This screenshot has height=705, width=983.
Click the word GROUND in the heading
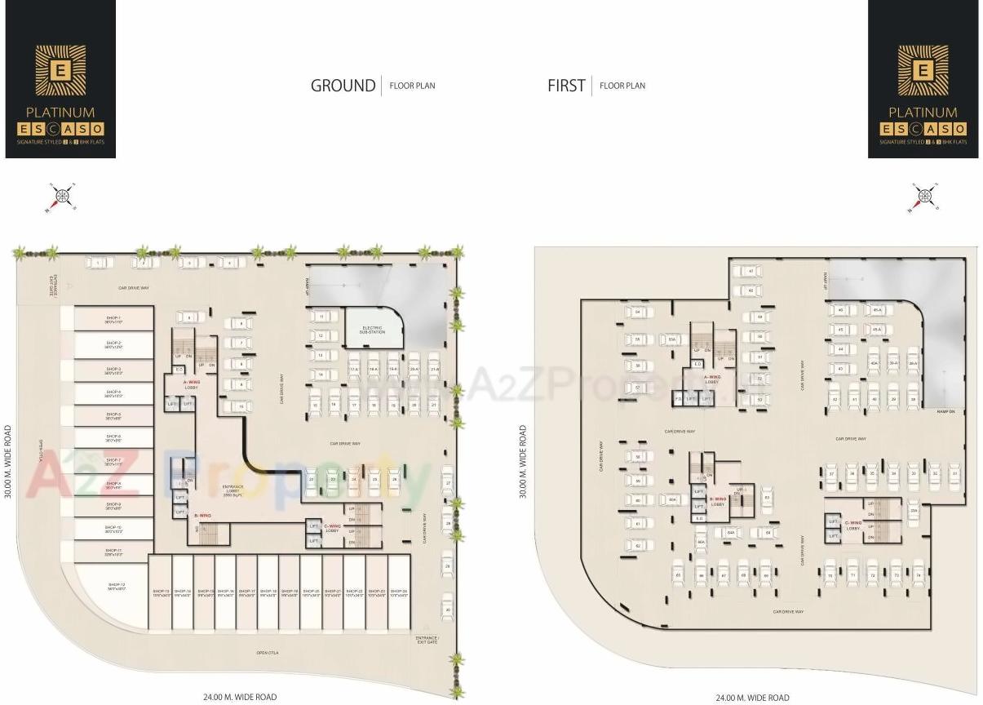[343, 86]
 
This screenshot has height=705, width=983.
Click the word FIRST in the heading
[566, 86]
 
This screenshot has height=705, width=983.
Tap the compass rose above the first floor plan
[924, 197]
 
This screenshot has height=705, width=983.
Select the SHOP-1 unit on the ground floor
[113, 319]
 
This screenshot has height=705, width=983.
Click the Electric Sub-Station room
[374, 330]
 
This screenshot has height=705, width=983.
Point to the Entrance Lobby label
[233, 490]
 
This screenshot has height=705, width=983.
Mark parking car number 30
[447, 609]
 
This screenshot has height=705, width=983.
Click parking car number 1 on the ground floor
[99, 263]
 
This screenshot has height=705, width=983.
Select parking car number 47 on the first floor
[750, 271]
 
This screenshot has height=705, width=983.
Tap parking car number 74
[918, 574]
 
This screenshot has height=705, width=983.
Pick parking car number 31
[955, 472]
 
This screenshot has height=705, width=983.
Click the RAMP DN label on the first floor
[945, 411]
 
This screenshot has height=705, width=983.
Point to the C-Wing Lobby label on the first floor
[853, 525]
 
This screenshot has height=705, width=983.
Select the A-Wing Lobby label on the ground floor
[191, 384]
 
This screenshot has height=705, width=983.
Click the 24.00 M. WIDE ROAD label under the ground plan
[240, 697]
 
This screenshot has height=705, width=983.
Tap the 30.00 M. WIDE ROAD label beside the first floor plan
[524, 461]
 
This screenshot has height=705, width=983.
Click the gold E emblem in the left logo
[60, 69]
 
